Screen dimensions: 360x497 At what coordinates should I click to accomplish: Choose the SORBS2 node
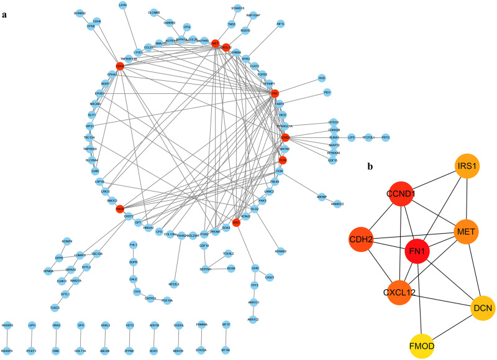point(79,12)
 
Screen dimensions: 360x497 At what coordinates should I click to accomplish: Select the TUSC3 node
point(55,307)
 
